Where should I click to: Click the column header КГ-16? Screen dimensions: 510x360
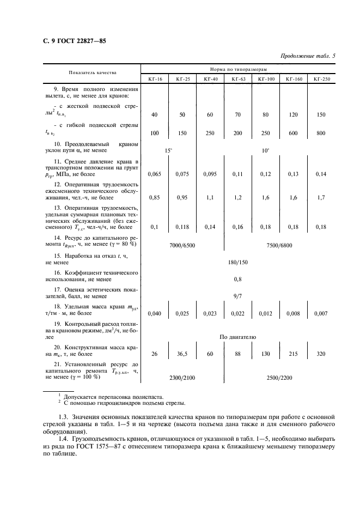pyautogui.click(x=155, y=80)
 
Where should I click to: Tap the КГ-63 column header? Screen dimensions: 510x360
pyautogui.click(x=238, y=80)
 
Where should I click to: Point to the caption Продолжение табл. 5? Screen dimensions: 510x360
pyautogui.click(x=307, y=56)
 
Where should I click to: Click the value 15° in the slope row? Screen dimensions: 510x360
pyautogui.click(x=168, y=150)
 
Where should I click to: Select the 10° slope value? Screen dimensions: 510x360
pyautogui.click(x=265, y=150)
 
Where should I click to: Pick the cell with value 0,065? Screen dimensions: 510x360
pyautogui.click(x=155, y=174)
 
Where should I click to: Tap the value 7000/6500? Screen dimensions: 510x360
pyautogui.click(x=182, y=245)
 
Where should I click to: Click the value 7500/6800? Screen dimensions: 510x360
pyautogui.click(x=279, y=245)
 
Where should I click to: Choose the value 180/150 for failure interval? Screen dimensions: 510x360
pyautogui.click(x=238, y=262)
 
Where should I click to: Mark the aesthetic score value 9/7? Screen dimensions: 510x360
pyautogui.click(x=238, y=296)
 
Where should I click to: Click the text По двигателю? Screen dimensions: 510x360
pyautogui.click(x=238, y=337)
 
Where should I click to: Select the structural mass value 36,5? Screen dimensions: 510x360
pyautogui.click(x=182, y=354)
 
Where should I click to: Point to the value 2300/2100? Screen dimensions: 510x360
pyautogui.click(x=182, y=377)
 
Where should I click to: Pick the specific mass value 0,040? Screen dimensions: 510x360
pyautogui.click(x=155, y=313)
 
